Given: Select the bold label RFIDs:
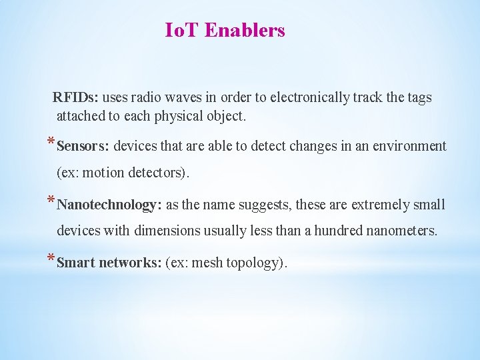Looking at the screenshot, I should (x=77, y=98).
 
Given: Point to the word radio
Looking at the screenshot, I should (x=146, y=98).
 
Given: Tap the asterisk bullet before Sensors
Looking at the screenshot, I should (x=51, y=143).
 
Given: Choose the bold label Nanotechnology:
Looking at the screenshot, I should (x=109, y=205).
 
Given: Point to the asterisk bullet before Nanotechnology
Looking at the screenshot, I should (x=51, y=201).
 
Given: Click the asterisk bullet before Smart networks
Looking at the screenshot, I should (x=51, y=260).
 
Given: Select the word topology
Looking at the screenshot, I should (x=256, y=263).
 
